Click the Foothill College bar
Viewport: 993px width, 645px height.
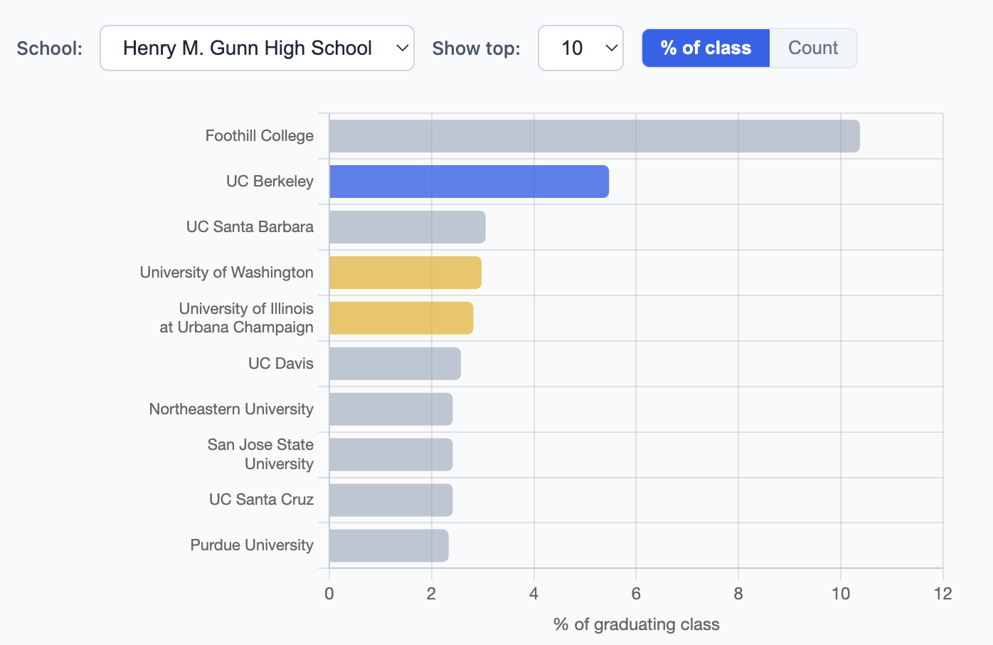click(x=594, y=136)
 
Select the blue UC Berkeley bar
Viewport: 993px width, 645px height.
click(x=469, y=182)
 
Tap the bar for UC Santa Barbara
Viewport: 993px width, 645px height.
click(x=407, y=227)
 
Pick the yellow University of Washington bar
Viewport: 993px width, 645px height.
click(x=405, y=273)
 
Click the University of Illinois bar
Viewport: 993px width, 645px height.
click(x=400, y=318)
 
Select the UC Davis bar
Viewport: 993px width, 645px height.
click(x=395, y=364)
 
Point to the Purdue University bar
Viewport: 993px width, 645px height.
click(x=388, y=546)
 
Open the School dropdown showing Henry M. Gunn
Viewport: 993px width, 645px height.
click(x=257, y=48)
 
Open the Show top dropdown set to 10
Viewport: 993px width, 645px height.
click(x=580, y=48)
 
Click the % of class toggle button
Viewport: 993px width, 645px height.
click(x=706, y=48)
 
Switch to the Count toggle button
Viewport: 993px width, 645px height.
click(x=813, y=48)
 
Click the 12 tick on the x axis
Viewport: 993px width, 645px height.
click(x=942, y=594)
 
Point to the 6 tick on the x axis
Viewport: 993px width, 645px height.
click(x=636, y=594)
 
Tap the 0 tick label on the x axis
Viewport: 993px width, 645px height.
click(x=329, y=594)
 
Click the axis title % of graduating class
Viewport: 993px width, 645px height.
click(x=636, y=624)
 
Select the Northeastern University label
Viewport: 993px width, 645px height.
click(x=231, y=409)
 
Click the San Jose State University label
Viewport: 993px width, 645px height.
click(x=260, y=454)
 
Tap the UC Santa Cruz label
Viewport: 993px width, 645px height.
click(x=261, y=500)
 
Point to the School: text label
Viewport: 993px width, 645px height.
click(x=50, y=48)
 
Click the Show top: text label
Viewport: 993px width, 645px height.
click(x=476, y=48)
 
